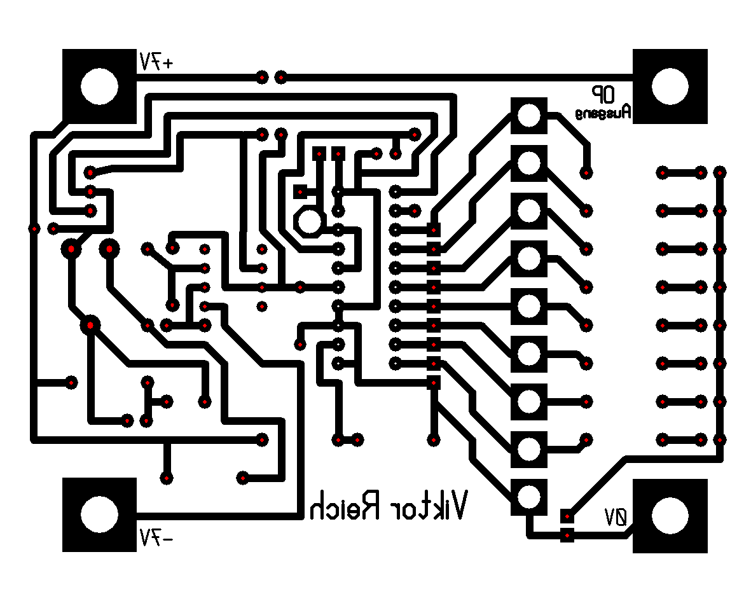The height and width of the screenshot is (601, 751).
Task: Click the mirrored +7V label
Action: (156, 62)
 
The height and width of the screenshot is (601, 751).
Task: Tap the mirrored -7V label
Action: (156, 537)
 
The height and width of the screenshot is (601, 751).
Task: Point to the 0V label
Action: (616, 517)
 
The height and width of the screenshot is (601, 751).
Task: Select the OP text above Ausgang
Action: (602, 95)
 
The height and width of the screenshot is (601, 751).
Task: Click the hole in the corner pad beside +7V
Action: (99, 86)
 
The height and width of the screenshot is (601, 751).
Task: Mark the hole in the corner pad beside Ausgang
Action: (670, 86)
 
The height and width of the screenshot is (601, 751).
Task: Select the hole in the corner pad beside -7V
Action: (99, 514)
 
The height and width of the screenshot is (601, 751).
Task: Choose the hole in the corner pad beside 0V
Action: (670, 514)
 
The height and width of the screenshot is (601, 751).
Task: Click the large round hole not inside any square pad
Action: (310, 221)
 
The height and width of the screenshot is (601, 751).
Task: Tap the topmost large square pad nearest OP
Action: (528, 115)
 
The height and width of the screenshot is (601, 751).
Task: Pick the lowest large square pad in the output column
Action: (528, 496)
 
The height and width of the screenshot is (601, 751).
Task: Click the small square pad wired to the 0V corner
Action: (566, 535)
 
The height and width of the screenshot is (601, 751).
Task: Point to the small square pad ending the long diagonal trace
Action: (566, 515)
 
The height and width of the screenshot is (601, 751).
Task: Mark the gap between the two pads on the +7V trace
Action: (272, 78)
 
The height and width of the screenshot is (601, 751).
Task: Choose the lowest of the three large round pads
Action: (90, 325)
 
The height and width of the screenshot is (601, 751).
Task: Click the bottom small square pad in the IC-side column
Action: (434, 383)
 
